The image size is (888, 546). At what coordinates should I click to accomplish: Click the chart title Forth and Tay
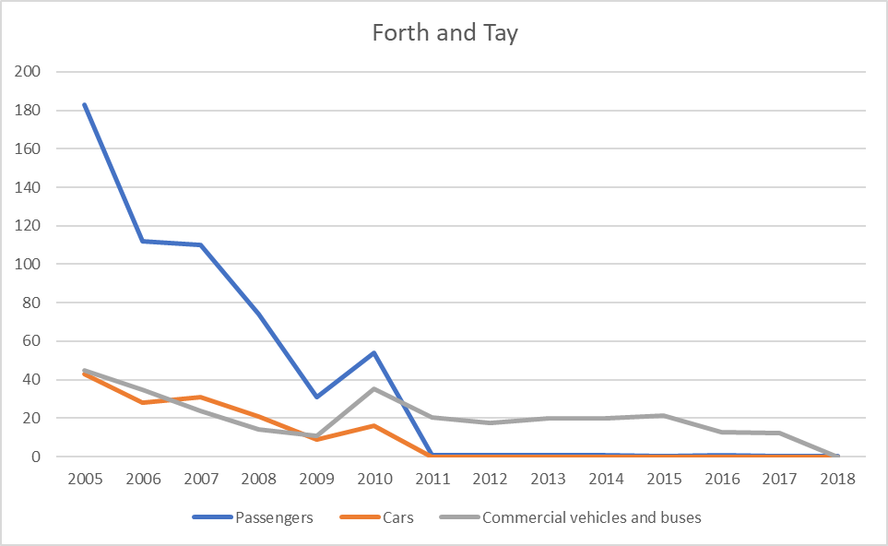coord(444,34)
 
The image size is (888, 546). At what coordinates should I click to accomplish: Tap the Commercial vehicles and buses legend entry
coord(591,517)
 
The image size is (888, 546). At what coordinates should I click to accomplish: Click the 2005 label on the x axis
coord(84,480)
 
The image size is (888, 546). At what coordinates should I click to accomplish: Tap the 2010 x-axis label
coord(374,480)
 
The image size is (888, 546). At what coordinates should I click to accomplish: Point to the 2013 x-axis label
coord(548,480)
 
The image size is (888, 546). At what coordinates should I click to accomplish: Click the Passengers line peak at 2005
coord(84,104)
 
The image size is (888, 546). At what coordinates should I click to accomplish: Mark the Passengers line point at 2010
coord(374,352)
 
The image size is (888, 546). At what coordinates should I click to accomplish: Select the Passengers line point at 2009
coord(316,397)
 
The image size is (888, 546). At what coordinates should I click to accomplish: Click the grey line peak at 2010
coord(374,388)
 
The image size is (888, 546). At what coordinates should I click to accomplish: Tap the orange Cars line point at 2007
coord(200,397)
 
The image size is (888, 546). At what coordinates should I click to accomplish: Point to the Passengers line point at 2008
coord(258,314)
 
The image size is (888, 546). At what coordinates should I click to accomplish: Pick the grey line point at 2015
coord(664,415)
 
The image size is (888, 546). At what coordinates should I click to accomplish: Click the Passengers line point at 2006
coord(142,241)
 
